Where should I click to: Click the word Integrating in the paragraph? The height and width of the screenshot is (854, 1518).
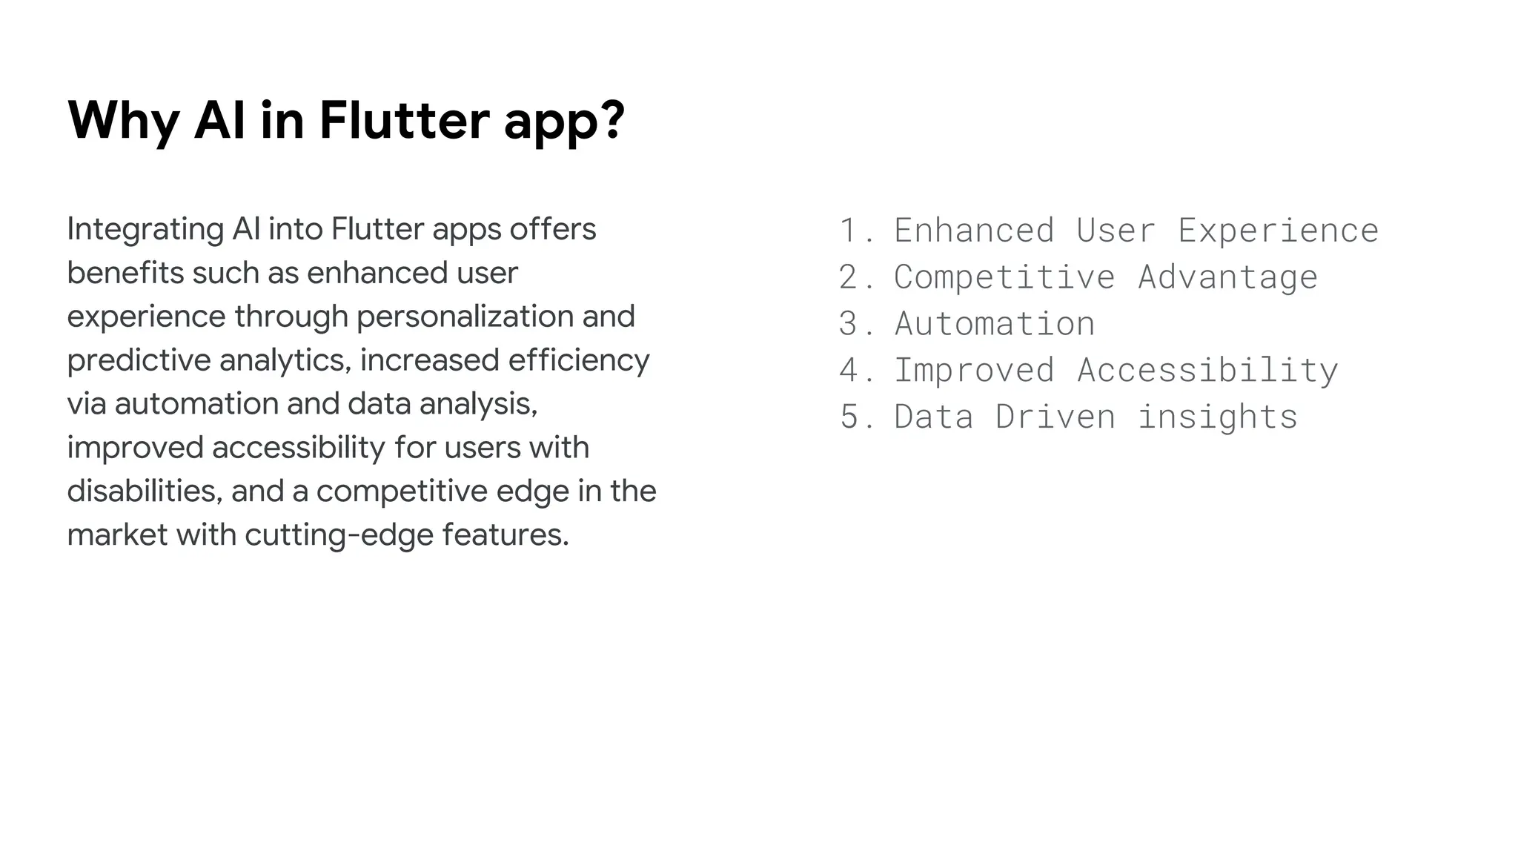click(x=145, y=230)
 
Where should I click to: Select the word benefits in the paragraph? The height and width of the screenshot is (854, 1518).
click(x=125, y=273)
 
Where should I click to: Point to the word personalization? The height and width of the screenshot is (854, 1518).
click(x=464, y=317)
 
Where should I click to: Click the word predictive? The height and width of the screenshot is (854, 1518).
click(x=139, y=360)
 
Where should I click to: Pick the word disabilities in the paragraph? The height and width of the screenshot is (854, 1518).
click(x=144, y=491)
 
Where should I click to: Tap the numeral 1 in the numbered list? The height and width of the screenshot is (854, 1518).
click(x=848, y=231)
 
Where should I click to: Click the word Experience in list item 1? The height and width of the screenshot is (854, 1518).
click(x=1278, y=231)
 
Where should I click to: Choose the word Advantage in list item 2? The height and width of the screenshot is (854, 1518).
click(x=1227, y=277)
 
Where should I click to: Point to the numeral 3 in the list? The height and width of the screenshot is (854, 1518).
click(x=848, y=324)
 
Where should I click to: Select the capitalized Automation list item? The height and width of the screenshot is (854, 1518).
click(x=994, y=324)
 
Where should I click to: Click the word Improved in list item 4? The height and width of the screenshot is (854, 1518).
click(x=974, y=370)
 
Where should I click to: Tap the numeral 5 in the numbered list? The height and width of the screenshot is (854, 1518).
click(x=848, y=417)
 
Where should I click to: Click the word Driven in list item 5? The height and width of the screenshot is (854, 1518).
click(x=1055, y=417)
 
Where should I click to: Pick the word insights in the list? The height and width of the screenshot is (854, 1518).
click(x=1217, y=417)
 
